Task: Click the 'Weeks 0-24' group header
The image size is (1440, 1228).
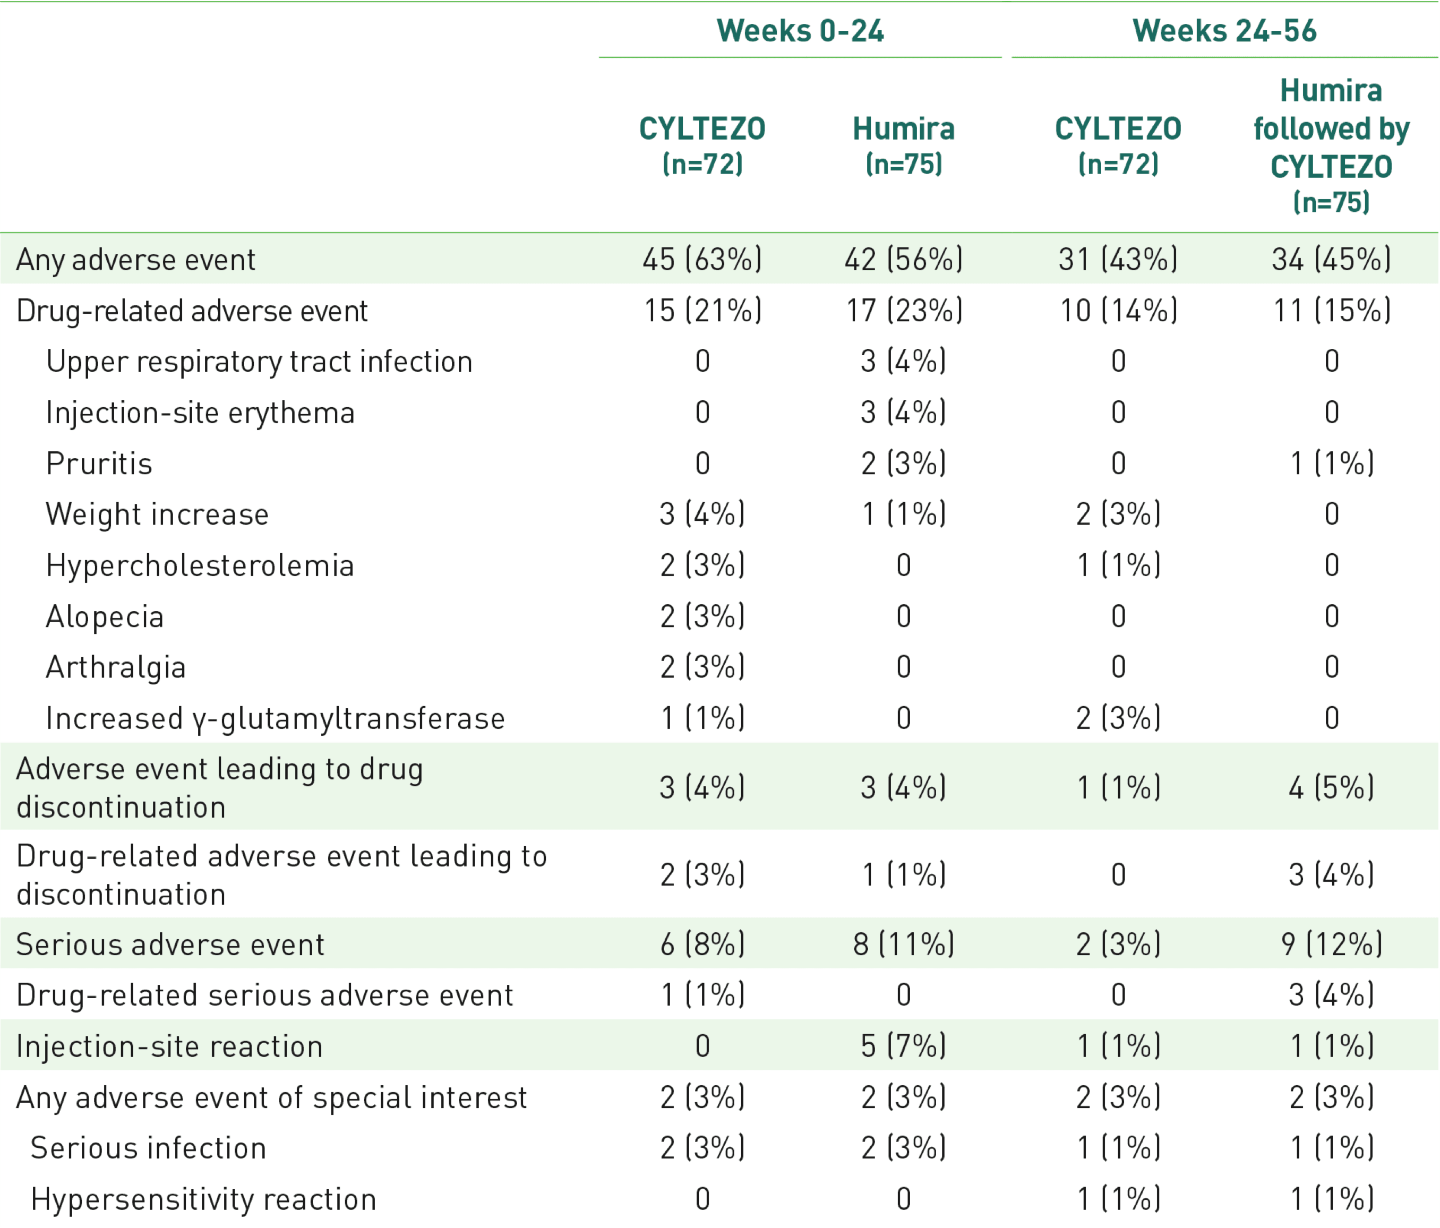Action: pos(800,31)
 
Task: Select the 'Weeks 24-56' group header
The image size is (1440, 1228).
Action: pos(1224,31)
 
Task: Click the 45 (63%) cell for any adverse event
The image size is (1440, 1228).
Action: pos(702,259)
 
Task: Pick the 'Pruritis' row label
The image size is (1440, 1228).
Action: pos(99,463)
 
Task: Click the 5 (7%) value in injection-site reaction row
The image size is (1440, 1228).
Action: pos(903,1046)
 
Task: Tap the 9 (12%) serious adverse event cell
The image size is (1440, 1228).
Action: pos(1331,944)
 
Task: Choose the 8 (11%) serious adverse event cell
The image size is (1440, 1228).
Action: pos(903,944)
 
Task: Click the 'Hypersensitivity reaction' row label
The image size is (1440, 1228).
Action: pos(203,1199)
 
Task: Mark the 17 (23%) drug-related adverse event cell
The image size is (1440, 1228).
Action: pos(903,311)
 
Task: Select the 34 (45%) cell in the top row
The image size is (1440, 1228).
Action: pos(1331,259)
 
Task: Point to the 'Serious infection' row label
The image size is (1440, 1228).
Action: pos(148,1148)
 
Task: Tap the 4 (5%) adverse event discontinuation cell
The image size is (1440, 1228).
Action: pos(1331,787)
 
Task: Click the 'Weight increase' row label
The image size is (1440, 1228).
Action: pos(157,514)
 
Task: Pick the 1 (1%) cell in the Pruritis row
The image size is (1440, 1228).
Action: pos(1331,463)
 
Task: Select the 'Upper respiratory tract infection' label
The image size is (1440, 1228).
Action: pos(259,362)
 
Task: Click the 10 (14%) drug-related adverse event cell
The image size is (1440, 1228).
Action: pos(1118,311)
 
